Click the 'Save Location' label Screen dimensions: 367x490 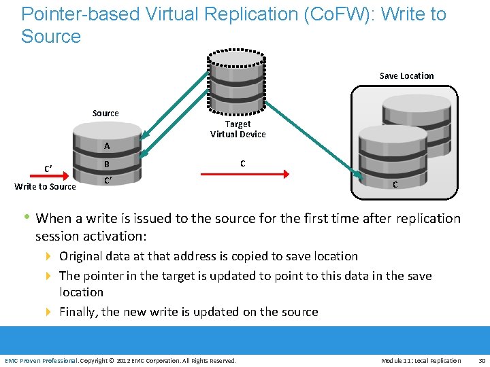click(x=406, y=75)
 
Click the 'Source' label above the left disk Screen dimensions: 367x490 click(x=105, y=113)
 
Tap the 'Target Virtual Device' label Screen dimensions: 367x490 click(x=238, y=129)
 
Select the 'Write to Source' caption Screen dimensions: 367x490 click(x=46, y=186)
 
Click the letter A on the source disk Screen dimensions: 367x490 click(x=107, y=146)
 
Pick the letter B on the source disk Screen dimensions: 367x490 click(x=107, y=164)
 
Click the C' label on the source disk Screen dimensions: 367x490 click(x=108, y=181)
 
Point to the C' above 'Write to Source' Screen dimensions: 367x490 click(x=49, y=169)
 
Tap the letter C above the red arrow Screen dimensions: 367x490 click(x=242, y=163)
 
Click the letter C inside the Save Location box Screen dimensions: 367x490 click(x=395, y=186)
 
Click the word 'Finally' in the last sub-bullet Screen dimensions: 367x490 click(x=78, y=312)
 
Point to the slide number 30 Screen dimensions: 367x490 click(x=482, y=360)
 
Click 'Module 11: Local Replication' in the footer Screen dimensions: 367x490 click(x=421, y=360)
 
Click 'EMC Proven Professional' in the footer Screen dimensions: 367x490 click(x=41, y=360)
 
